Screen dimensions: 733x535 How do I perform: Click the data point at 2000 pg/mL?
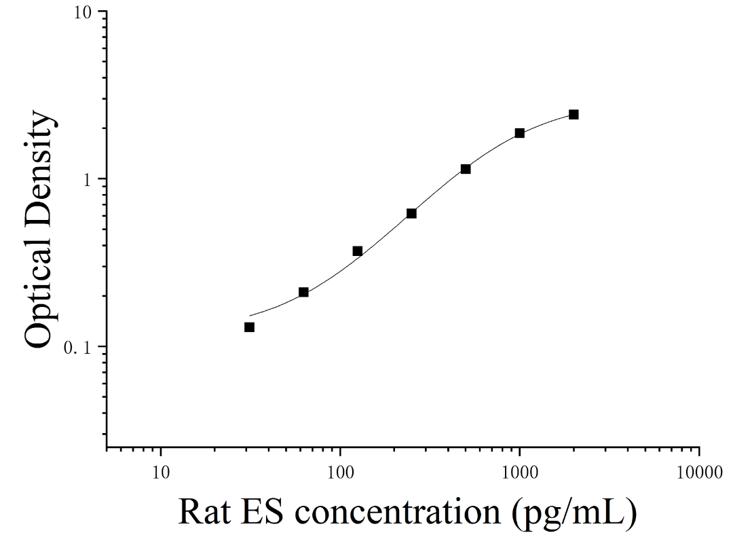tap(574, 115)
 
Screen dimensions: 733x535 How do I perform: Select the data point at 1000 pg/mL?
tap(519, 133)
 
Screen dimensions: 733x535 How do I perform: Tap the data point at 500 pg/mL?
tap(466, 169)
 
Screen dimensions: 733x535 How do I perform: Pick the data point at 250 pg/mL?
tap(411, 213)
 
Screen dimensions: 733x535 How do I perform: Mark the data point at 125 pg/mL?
tap(358, 251)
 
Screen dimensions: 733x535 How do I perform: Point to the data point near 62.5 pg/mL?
tap(303, 293)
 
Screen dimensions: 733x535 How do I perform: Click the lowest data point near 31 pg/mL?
tap(250, 327)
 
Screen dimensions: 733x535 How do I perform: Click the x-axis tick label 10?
tap(161, 473)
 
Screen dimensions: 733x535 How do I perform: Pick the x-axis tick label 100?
tap(340, 473)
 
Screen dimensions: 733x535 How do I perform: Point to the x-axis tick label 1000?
tap(520, 473)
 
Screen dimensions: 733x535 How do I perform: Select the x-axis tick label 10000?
tap(700, 473)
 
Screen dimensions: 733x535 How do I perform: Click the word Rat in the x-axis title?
tap(204, 511)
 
